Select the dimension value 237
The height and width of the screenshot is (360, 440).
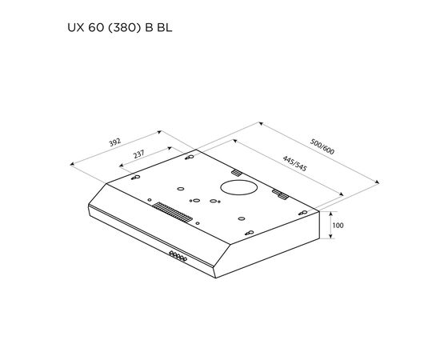click(x=139, y=156)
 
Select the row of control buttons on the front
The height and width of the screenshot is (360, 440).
click(x=178, y=256)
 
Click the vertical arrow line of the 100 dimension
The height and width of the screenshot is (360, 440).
click(x=329, y=226)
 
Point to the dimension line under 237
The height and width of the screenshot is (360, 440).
click(x=145, y=162)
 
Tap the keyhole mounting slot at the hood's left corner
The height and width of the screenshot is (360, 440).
click(x=136, y=178)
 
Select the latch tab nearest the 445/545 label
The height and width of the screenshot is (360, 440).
click(x=237, y=173)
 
